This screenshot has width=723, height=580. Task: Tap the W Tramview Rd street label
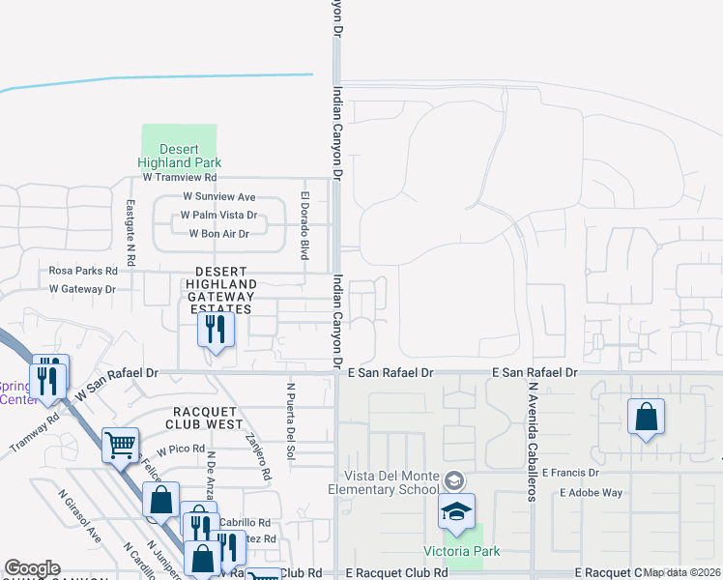point(180,178)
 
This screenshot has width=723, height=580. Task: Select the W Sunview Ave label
point(219,197)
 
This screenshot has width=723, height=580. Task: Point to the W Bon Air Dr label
point(218,234)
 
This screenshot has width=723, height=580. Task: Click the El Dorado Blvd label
point(304,225)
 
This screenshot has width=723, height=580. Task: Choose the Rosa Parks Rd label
point(83,272)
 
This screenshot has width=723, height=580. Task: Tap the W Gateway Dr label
point(82,289)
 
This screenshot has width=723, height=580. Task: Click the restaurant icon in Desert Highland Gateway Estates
point(216,331)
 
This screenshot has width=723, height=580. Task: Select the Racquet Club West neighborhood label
point(205,417)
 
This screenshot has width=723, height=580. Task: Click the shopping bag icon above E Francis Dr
point(646,418)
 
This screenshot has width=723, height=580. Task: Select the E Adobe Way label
point(591,492)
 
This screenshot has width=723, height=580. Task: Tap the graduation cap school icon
point(457,511)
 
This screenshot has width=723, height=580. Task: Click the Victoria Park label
point(462,551)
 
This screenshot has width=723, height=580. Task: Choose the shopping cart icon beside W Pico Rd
point(120,446)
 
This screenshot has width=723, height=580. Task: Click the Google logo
point(32,568)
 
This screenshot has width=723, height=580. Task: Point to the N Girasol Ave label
point(79,519)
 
